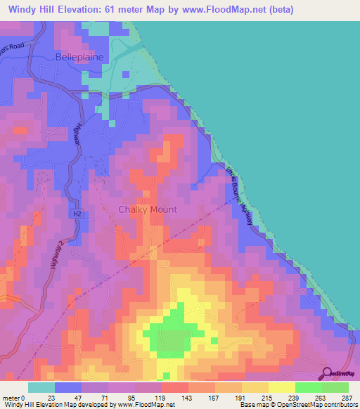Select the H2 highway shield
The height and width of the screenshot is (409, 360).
76,213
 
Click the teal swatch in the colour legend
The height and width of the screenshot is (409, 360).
41,387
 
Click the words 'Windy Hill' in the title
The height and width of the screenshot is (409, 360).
31,10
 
